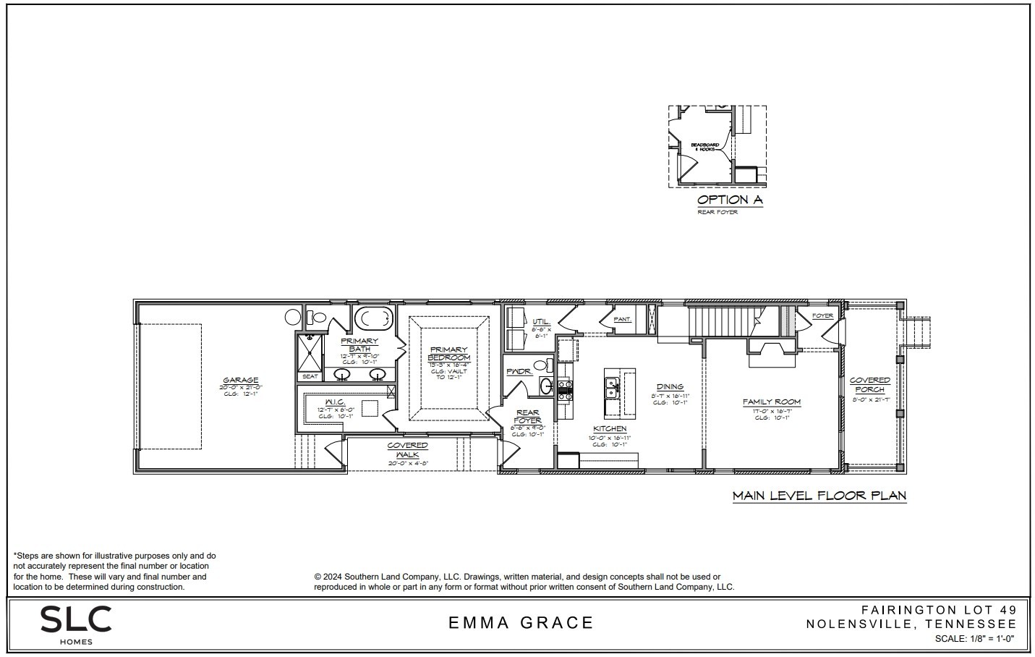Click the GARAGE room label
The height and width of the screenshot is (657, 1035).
(x=240, y=380)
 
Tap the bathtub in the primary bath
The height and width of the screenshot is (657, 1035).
(x=374, y=318)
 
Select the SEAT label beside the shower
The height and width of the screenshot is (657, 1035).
(x=310, y=376)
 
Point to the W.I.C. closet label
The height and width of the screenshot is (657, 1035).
(x=334, y=402)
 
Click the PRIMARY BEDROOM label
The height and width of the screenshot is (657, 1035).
(x=448, y=354)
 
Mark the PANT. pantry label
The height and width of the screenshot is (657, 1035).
(x=622, y=319)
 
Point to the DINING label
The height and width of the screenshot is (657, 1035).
(x=670, y=387)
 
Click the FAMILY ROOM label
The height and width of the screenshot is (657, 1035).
(x=772, y=402)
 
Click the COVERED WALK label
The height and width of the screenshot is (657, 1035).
(x=407, y=449)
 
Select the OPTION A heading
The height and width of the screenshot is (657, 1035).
(x=729, y=200)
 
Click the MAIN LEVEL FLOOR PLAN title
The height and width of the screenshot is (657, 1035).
(x=819, y=496)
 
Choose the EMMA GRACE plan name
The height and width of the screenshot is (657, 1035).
(x=521, y=622)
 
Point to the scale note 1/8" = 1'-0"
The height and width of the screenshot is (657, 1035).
(x=974, y=639)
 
